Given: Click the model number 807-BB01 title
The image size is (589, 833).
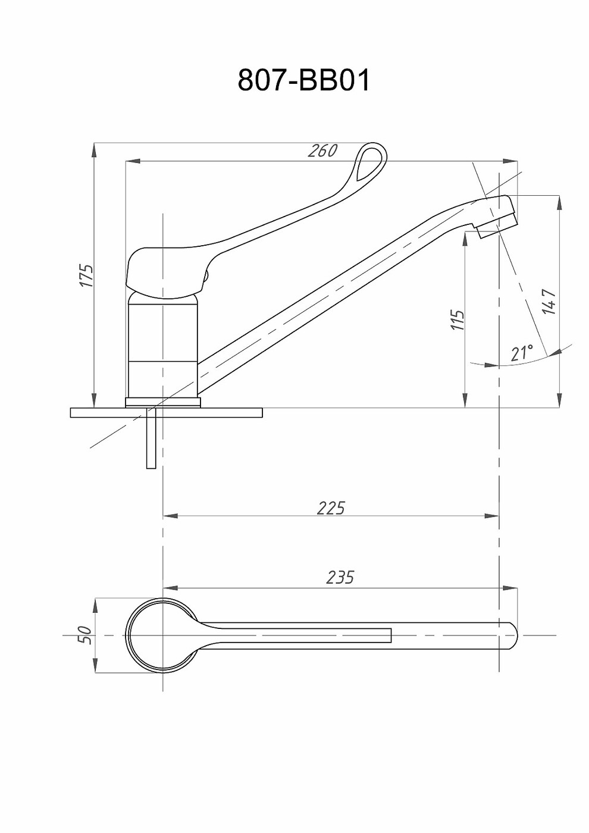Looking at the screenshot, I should (x=304, y=80).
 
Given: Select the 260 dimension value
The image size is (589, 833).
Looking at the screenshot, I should (x=322, y=151).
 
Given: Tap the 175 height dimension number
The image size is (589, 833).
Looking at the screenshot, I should (x=87, y=275).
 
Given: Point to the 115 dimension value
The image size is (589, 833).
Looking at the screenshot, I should (x=457, y=320).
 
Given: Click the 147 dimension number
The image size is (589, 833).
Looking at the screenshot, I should (x=549, y=302).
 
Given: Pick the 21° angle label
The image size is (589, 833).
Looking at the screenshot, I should (x=521, y=352).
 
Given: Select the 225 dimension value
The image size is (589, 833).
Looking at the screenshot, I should (x=331, y=508).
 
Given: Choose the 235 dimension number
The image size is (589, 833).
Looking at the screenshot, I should (x=340, y=577).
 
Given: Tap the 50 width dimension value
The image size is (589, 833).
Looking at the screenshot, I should (x=86, y=635).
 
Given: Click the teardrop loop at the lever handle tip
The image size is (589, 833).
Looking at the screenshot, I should (x=371, y=161).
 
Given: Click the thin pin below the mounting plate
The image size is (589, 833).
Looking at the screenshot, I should (x=151, y=443).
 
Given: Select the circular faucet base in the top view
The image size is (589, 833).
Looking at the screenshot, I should (x=162, y=635).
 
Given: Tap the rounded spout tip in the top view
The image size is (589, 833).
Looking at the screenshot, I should (x=513, y=635).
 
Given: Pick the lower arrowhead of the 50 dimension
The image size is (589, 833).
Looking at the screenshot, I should (x=95, y=667).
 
